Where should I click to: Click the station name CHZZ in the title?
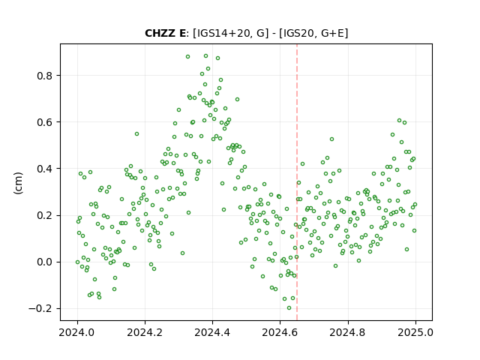click(x=160, y=33)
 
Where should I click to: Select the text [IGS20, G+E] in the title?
click(x=313, y=33)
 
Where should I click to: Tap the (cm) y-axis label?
click(x=18, y=183)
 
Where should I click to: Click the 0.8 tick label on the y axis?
click(x=44, y=76)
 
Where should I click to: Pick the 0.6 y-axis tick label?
click(x=44, y=122)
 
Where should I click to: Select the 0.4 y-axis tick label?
click(x=44, y=169)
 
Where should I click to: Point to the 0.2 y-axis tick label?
click(x=44, y=215)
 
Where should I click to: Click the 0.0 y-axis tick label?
click(x=44, y=262)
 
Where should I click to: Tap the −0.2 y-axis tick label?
click(x=40, y=308)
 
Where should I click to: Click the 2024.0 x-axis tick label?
click(x=77, y=332)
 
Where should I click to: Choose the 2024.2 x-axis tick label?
click(x=145, y=332)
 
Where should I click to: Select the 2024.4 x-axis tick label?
click(x=212, y=332)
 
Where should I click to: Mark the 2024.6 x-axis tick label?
click(x=280, y=332)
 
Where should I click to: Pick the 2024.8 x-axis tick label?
click(x=347, y=332)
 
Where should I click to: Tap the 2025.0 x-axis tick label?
click(x=415, y=332)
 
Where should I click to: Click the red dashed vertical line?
click(x=297, y=182)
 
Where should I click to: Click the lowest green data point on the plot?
click(x=289, y=308)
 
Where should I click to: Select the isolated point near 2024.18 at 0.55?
click(x=136, y=133)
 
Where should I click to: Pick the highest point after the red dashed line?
click(x=400, y=121)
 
